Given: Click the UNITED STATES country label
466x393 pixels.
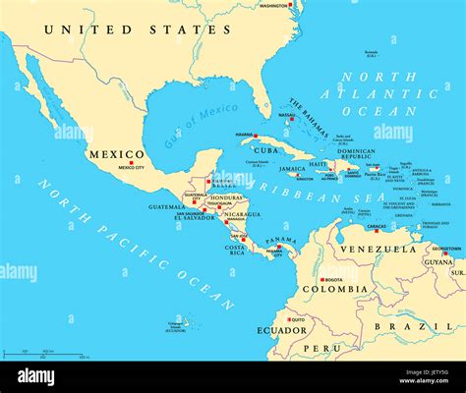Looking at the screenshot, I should click(x=138, y=29).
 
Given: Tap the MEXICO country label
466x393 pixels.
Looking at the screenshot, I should click(x=117, y=154).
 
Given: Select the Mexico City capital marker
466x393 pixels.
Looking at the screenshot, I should click(x=131, y=162).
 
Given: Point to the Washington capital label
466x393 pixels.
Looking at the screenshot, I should click(x=274, y=5).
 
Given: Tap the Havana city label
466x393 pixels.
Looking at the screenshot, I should click(x=245, y=135).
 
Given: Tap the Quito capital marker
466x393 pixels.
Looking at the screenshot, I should click(x=287, y=318).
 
